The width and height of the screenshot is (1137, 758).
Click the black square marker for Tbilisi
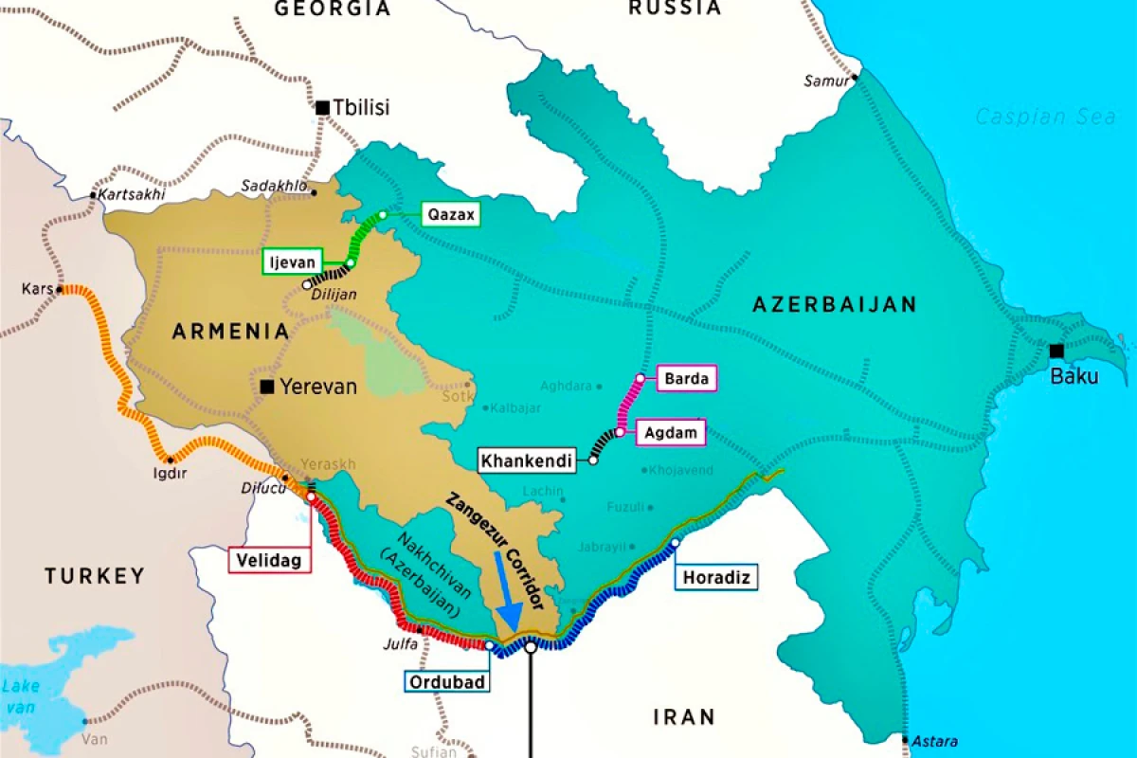pyautogui.click(x=322, y=108)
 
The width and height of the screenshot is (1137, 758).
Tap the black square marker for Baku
pyautogui.click(x=1056, y=351)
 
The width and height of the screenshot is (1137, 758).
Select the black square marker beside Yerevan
pyautogui.click(x=267, y=386)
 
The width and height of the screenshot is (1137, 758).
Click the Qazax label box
pyautogui.click(x=451, y=215)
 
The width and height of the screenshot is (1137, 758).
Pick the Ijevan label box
pyautogui.click(x=293, y=262)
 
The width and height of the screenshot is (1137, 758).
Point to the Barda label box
pyautogui.click(x=686, y=378)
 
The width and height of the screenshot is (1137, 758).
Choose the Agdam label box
pyautogui.click(x=676, y=433)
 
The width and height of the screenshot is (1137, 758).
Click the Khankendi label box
pyautogui.click(x=527, y=461)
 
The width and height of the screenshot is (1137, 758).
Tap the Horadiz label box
pyautogui.click(x=717, y=577)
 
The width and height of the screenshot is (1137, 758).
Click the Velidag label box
pyautogui.click(x=269, y=561)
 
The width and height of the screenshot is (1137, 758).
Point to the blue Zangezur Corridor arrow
pyautogui.click(x=505, y=603)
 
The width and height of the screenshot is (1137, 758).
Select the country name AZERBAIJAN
pyautogui.click(x=834, y=304)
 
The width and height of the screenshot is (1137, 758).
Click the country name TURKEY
pyautogui.click(x=95, y=575)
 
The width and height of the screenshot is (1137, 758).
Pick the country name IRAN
pyautogui.click(x=684, y=716)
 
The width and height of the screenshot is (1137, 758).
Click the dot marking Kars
pyautogui.click(x=60, y=289)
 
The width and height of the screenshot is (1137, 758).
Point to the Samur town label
pyautogui.click(x=826, y=81)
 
